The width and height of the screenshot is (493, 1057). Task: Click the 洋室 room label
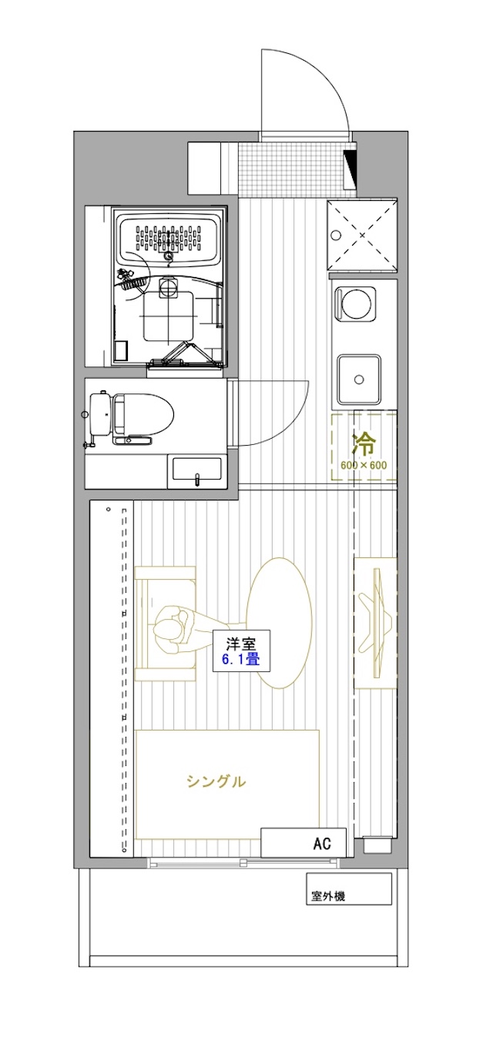(x=241, y=643)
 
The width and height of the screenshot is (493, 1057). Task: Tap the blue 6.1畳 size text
(x=241, y=658)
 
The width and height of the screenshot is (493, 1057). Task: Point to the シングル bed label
(x=216, y=782)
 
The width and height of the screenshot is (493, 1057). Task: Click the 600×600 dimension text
(x=364, y=465)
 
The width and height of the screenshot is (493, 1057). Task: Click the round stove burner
(x=355, y=304)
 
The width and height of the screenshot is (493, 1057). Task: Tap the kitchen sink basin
(x=359, y=379)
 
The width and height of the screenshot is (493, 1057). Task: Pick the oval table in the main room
(x=279, y=624)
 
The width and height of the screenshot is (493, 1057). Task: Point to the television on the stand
(x=376, y=623)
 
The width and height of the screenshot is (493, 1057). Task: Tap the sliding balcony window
(x=243, y=864)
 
